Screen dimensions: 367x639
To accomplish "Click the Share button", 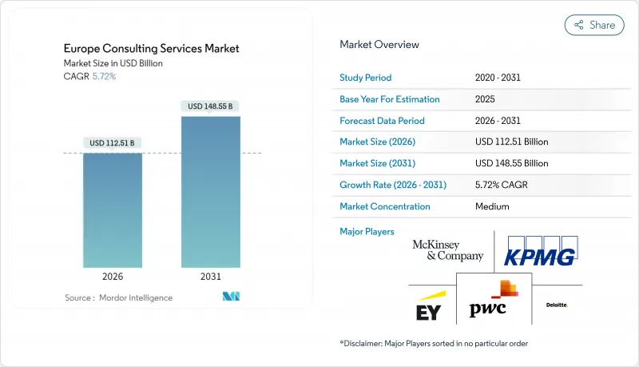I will tap(594, 25).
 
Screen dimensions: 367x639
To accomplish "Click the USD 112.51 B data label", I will tap(113, 143).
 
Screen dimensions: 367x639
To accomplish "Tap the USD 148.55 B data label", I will tap(211, 106).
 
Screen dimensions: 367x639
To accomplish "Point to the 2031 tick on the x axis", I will tap(211, 276).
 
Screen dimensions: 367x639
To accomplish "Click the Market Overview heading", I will tap(379, 45).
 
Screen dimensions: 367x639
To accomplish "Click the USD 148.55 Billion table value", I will tap(511, 163).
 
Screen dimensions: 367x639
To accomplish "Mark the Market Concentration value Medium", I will tap(492, 206).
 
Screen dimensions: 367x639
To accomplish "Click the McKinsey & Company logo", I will tap(448, 250).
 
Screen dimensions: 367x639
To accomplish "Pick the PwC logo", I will tap(494, 302).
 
